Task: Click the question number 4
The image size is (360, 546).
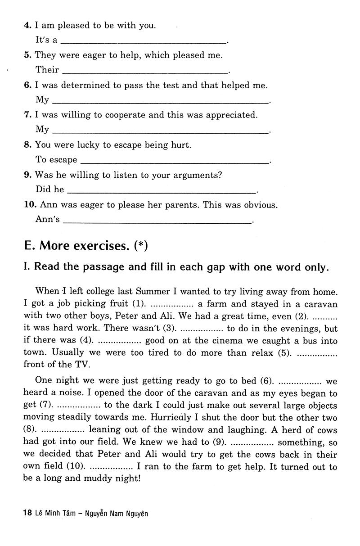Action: tap(27, 26)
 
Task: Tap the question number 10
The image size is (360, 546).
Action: tap(30, 205)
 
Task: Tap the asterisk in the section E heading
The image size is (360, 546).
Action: tap(141, 246)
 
